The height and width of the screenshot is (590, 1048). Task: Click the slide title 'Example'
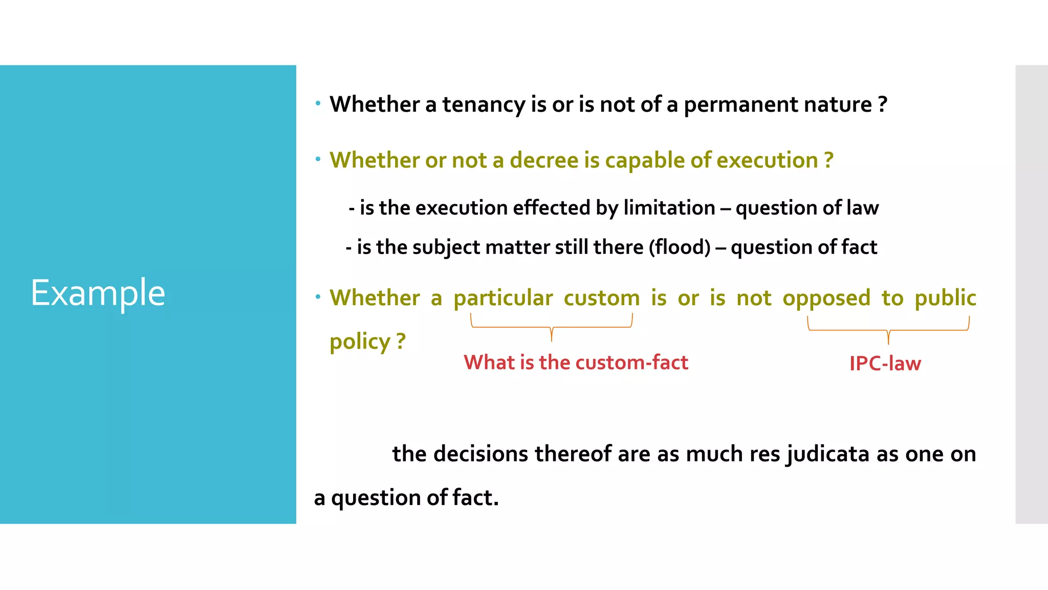[x=98, y=293]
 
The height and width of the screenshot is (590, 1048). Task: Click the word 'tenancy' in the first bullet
[x=483, y=104]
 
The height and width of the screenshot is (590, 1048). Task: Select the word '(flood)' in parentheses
[x=680, y=247]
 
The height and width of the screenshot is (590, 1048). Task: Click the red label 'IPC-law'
[x=885, y=364]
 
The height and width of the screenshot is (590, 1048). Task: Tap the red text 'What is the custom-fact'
[x=576, y=363]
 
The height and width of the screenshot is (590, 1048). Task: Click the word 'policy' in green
[x=360, y=342]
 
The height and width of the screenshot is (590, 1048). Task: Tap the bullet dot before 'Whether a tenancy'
[x=318, y=103]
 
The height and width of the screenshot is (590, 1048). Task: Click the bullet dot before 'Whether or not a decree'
[x=318, y=159]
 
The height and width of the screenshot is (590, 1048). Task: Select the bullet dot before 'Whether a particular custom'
[x=318, y=297]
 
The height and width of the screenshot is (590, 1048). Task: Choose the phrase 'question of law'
[x=807, y=208]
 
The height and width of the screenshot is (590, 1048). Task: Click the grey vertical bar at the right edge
[x=1031, y=294]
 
